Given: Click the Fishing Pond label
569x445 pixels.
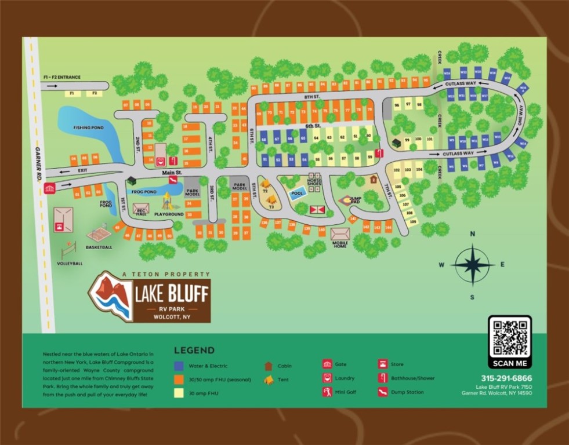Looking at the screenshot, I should [88, 127].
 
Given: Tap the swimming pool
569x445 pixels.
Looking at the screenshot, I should [298, 193].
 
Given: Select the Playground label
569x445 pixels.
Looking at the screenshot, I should [169, 214].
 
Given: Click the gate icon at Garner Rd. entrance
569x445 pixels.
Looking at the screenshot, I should [49, 188].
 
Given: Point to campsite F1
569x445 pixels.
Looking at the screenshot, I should [73, 93].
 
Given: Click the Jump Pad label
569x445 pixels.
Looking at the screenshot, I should [355, 200].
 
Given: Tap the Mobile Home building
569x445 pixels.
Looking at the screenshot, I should [340, 234].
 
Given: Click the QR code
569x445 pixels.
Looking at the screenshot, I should [509, 337].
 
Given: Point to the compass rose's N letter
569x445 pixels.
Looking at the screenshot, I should [473, 234].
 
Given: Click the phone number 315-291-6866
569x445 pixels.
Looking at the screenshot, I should [506, 378].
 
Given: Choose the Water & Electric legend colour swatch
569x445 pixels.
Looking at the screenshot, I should [180, 366].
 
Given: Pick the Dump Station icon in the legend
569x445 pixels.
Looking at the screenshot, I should [382, 392].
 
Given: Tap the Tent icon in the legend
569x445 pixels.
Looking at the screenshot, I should [269, 380].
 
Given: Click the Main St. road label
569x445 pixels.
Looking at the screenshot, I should [172, 173].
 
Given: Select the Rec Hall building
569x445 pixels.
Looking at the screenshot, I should [141, 209].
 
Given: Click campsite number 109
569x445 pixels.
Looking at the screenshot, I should [412, 221].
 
